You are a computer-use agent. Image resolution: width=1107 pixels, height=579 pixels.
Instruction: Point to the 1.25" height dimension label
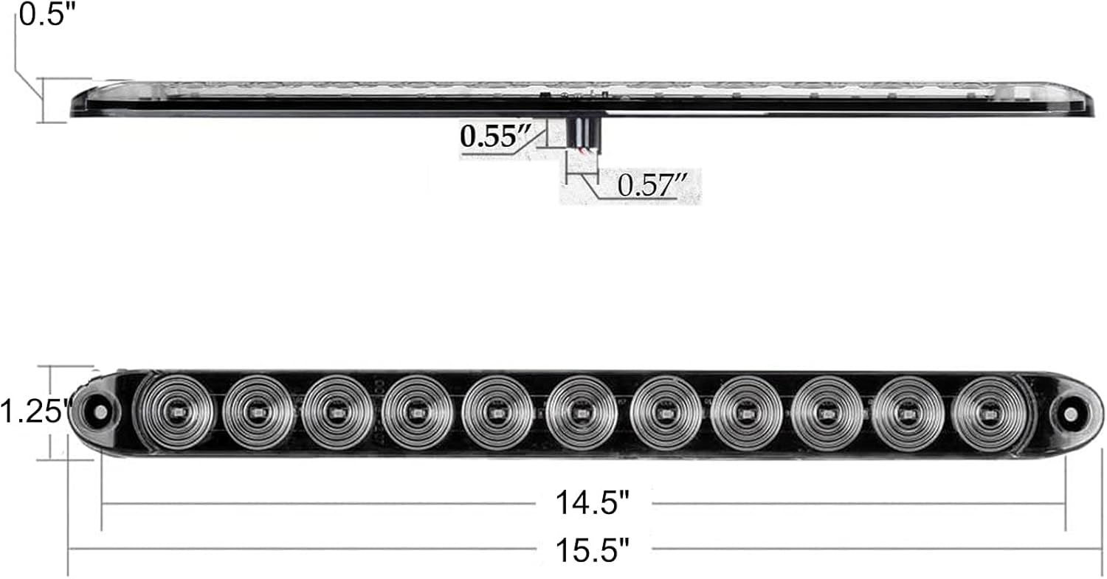coord(34,411)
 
